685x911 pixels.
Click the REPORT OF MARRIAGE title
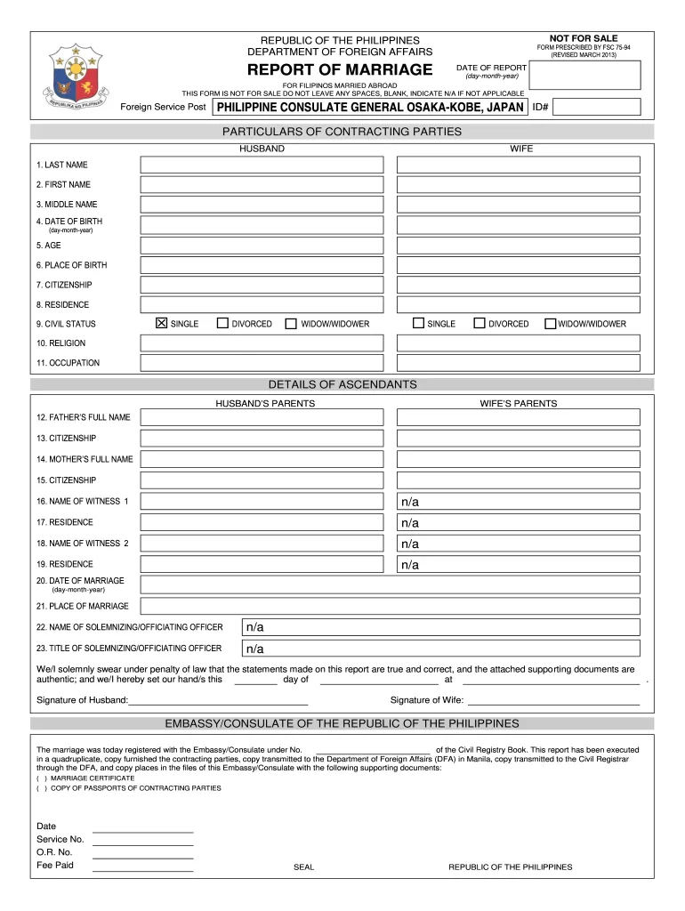tap(339, 70)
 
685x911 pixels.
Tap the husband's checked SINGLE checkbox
tap(161, 324)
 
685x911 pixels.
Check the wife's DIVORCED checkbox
tap(479, 324)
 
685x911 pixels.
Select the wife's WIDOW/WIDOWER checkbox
tap(550, 324)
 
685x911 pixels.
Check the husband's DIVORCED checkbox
tap(222, 324)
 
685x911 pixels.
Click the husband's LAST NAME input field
tap(262, 165)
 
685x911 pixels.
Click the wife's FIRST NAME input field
tap(518, 185)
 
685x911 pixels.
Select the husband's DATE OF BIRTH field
tap(262, 225)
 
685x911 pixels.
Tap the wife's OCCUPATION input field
tap(518, 363)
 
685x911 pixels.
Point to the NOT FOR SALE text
tap(583, 38)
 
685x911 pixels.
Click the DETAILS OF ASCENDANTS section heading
tap(342, 384)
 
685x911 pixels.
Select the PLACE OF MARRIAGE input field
tap(390, 606)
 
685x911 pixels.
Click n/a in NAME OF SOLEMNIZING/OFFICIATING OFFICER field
tap(255, 628)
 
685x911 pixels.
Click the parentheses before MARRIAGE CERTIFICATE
tap(41, 778)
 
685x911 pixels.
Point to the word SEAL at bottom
tap(303, 867)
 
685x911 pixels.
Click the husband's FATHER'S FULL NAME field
tap(262, 417)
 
